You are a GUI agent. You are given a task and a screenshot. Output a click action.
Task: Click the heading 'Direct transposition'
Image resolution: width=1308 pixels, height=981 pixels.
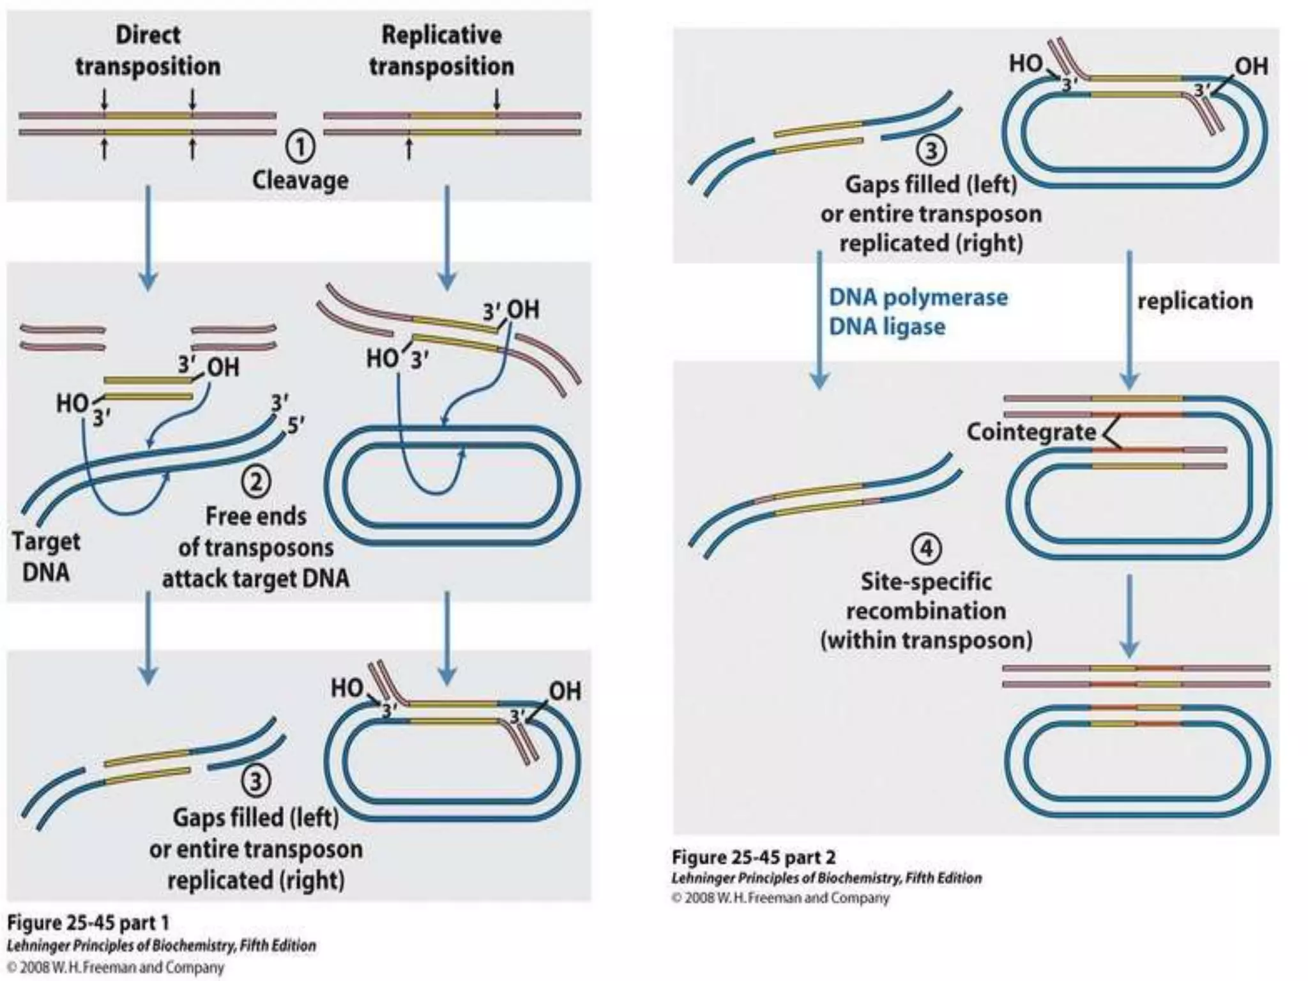(148, 50)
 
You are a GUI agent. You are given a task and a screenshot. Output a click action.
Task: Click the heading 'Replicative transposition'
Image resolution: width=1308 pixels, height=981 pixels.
(441, 50)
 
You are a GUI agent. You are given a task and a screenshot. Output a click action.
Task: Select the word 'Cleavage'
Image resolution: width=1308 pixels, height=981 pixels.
(300, 180)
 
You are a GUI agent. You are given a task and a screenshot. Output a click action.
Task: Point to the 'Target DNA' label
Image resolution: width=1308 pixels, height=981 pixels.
(46, 556)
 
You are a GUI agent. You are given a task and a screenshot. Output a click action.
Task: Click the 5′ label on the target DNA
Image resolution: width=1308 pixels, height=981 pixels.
(296, 425)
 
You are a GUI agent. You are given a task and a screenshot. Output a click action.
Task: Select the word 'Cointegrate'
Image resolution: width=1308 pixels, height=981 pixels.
(1031, 432)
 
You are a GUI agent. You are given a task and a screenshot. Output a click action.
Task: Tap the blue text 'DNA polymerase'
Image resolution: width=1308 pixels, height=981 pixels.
(918, 298)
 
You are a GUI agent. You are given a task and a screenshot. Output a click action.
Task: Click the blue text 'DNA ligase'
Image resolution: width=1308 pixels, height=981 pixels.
(886, 327)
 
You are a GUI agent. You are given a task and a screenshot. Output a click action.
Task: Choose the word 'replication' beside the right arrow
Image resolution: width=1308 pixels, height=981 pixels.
(1195, 301)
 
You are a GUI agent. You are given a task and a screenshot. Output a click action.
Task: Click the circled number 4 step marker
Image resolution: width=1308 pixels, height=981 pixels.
(926, 549)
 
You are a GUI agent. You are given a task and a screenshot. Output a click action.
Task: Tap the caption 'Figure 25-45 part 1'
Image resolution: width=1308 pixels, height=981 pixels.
(88, 922)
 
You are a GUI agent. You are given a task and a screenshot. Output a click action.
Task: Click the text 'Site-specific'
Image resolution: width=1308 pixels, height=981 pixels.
(926, 582)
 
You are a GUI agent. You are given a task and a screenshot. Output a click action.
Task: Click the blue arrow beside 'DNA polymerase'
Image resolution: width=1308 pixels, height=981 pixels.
(819, 319)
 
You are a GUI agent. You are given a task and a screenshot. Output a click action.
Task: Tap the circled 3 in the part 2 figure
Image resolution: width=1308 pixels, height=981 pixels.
(931, 150)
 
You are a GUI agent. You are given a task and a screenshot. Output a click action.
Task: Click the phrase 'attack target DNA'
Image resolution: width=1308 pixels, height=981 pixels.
(255, 579)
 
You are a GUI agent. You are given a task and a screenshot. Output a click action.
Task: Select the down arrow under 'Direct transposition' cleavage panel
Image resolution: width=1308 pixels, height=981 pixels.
(148, 236)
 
